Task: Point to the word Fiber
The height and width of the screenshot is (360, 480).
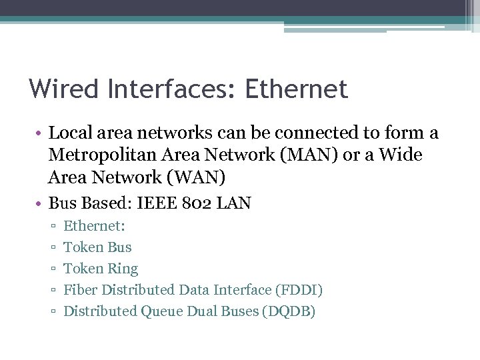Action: [x=80, y=290]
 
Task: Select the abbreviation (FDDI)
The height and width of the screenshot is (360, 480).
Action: [x=299, y=290]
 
